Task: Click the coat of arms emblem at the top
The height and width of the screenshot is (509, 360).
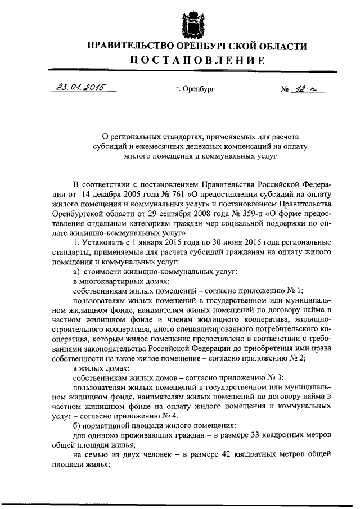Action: tap(191, 21)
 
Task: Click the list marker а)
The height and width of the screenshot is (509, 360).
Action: tap(78, 271)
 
